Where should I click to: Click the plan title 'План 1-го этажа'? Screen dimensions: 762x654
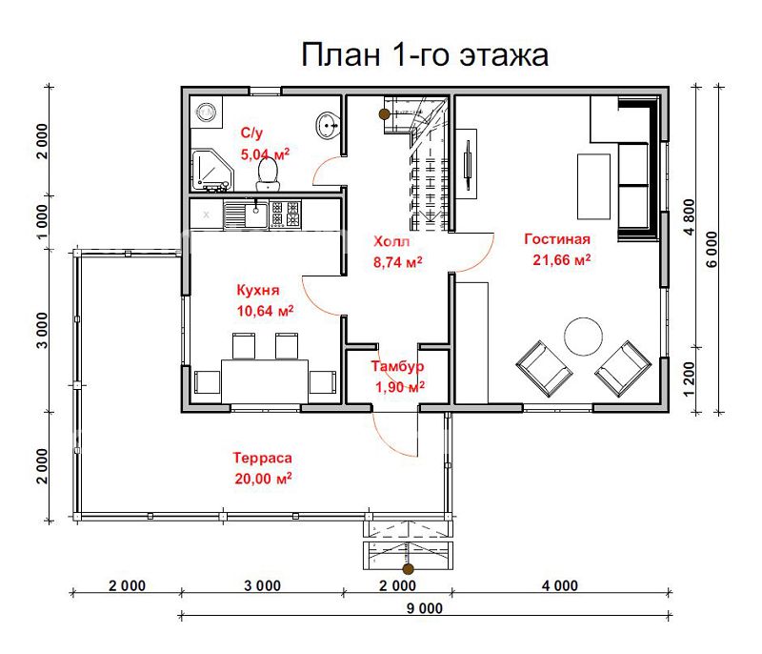(x=425, y=55)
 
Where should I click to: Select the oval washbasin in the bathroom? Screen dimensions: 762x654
(x=329, y=126)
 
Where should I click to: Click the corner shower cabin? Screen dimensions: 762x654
(x=211, y=171)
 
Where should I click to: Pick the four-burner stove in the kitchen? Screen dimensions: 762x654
(x=285, y=215)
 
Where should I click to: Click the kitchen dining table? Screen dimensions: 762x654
(x=265, y=381)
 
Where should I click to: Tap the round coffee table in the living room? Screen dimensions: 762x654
(x=584, y=337)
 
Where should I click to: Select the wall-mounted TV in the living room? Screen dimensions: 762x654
(x=468, y=165)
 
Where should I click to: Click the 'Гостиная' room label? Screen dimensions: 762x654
(x=557, y=239)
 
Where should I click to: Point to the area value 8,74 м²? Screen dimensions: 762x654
(x=397, y=262)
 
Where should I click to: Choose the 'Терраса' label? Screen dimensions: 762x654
(x=263, y=458)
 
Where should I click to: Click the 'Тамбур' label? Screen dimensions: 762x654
(x=397, y=366)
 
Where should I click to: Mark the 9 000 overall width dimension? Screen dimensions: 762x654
(x=424, y=608)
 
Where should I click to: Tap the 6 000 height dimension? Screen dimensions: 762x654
(x=712, y=250)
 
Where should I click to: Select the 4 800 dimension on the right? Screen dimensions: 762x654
(x=689, y=216)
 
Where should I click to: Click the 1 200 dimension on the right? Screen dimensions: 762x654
(x=689, y=379)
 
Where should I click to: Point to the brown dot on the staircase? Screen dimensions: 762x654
(x=385, y=114)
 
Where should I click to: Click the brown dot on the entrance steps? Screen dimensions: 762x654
(x=409, y=568)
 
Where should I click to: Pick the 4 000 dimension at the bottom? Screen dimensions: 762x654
(x=560, y=585)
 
